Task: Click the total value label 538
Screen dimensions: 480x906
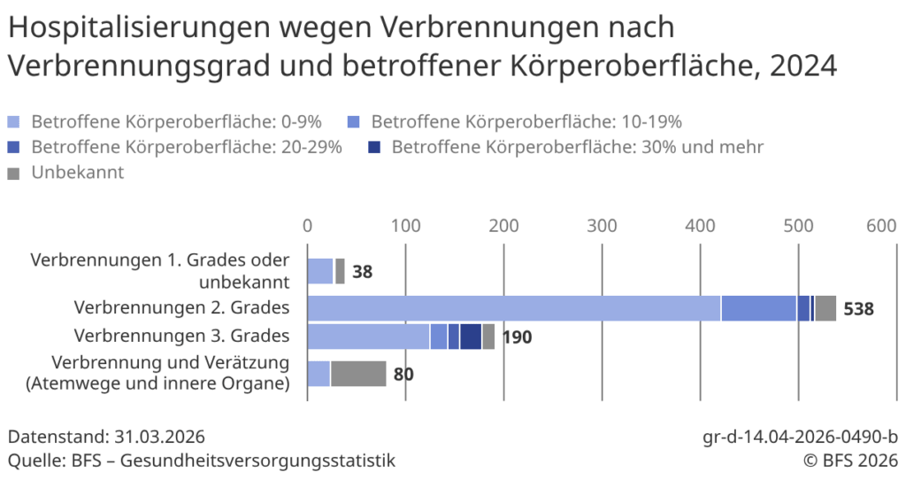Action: point(858,309)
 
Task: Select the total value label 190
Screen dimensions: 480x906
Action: point(517,337)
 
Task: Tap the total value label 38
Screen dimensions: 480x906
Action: point(362,272)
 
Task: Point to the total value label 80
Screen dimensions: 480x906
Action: point(403,375)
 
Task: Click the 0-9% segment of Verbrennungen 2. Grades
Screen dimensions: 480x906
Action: point(513,308)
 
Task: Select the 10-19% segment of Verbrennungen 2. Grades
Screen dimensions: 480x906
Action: point(758,308)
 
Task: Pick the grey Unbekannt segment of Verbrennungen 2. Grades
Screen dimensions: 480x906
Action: point(825,308)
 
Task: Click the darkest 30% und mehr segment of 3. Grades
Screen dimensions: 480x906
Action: point(471,337)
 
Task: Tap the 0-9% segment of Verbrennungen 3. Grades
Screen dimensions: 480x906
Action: point(368,337)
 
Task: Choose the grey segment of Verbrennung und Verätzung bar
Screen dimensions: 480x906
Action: point(358,374)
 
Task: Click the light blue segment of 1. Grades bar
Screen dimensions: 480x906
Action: point(319,271)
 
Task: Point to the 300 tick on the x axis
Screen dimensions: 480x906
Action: point(602,226)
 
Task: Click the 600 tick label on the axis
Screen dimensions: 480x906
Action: point(881,226)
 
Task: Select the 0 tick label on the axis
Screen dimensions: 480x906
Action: point(307,226)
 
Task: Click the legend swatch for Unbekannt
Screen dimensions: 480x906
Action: point(13,174)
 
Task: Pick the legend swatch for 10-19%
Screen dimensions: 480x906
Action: point(353,122)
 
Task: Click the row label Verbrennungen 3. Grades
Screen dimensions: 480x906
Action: point(181,336)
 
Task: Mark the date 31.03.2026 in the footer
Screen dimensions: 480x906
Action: point(160,437)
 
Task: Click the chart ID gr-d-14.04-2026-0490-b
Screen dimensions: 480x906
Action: point(800,437)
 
